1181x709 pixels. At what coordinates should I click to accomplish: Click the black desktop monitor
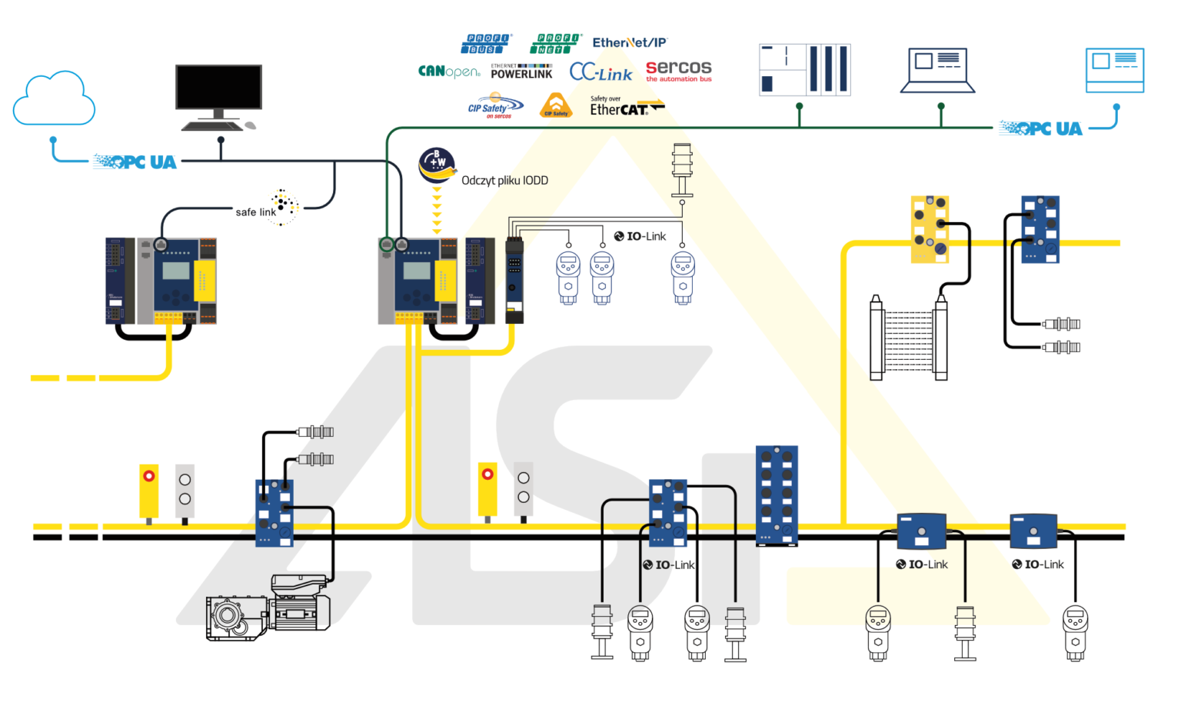pyautogui.click(x=218, y=88)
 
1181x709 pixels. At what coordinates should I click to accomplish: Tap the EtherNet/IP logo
pyautogui.click(x=629, y=43)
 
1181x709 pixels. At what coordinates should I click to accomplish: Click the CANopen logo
pyautogui.click(x=449, y=72)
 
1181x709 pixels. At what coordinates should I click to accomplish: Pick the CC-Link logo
pyautogui.click(x=600, y=73)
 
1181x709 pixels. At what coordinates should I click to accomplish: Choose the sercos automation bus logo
pyautogui.click(x=678, y=71)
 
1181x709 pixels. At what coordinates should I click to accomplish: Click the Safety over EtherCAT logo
pyautogui.click(x=625, y=107)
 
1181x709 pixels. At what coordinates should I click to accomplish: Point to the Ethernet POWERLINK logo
pyautogui.click(x=521, y=72)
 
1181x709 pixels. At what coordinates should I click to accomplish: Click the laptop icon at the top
pyautogui.click(x=937, y=70)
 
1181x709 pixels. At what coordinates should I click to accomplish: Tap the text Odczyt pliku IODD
pyautogui.click(x=504, y=181)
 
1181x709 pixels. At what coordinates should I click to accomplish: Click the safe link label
pyautogui.click(x=256, y=212)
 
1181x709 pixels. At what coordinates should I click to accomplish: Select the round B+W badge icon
pyautogui.click(x=437, y=165)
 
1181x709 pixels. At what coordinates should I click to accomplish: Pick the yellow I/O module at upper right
pyautogui.click(x=930, y=229)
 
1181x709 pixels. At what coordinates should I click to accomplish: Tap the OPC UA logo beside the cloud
pyautogui.click(x=135, y=162)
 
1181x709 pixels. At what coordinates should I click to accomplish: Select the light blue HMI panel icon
pyautogui.click(x=1114, y=70)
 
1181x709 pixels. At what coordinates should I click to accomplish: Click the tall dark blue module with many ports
pyautogui.click(x=777, y=495)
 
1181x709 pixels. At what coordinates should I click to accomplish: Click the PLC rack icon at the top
pyautogui.click(x=804, y=70)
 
